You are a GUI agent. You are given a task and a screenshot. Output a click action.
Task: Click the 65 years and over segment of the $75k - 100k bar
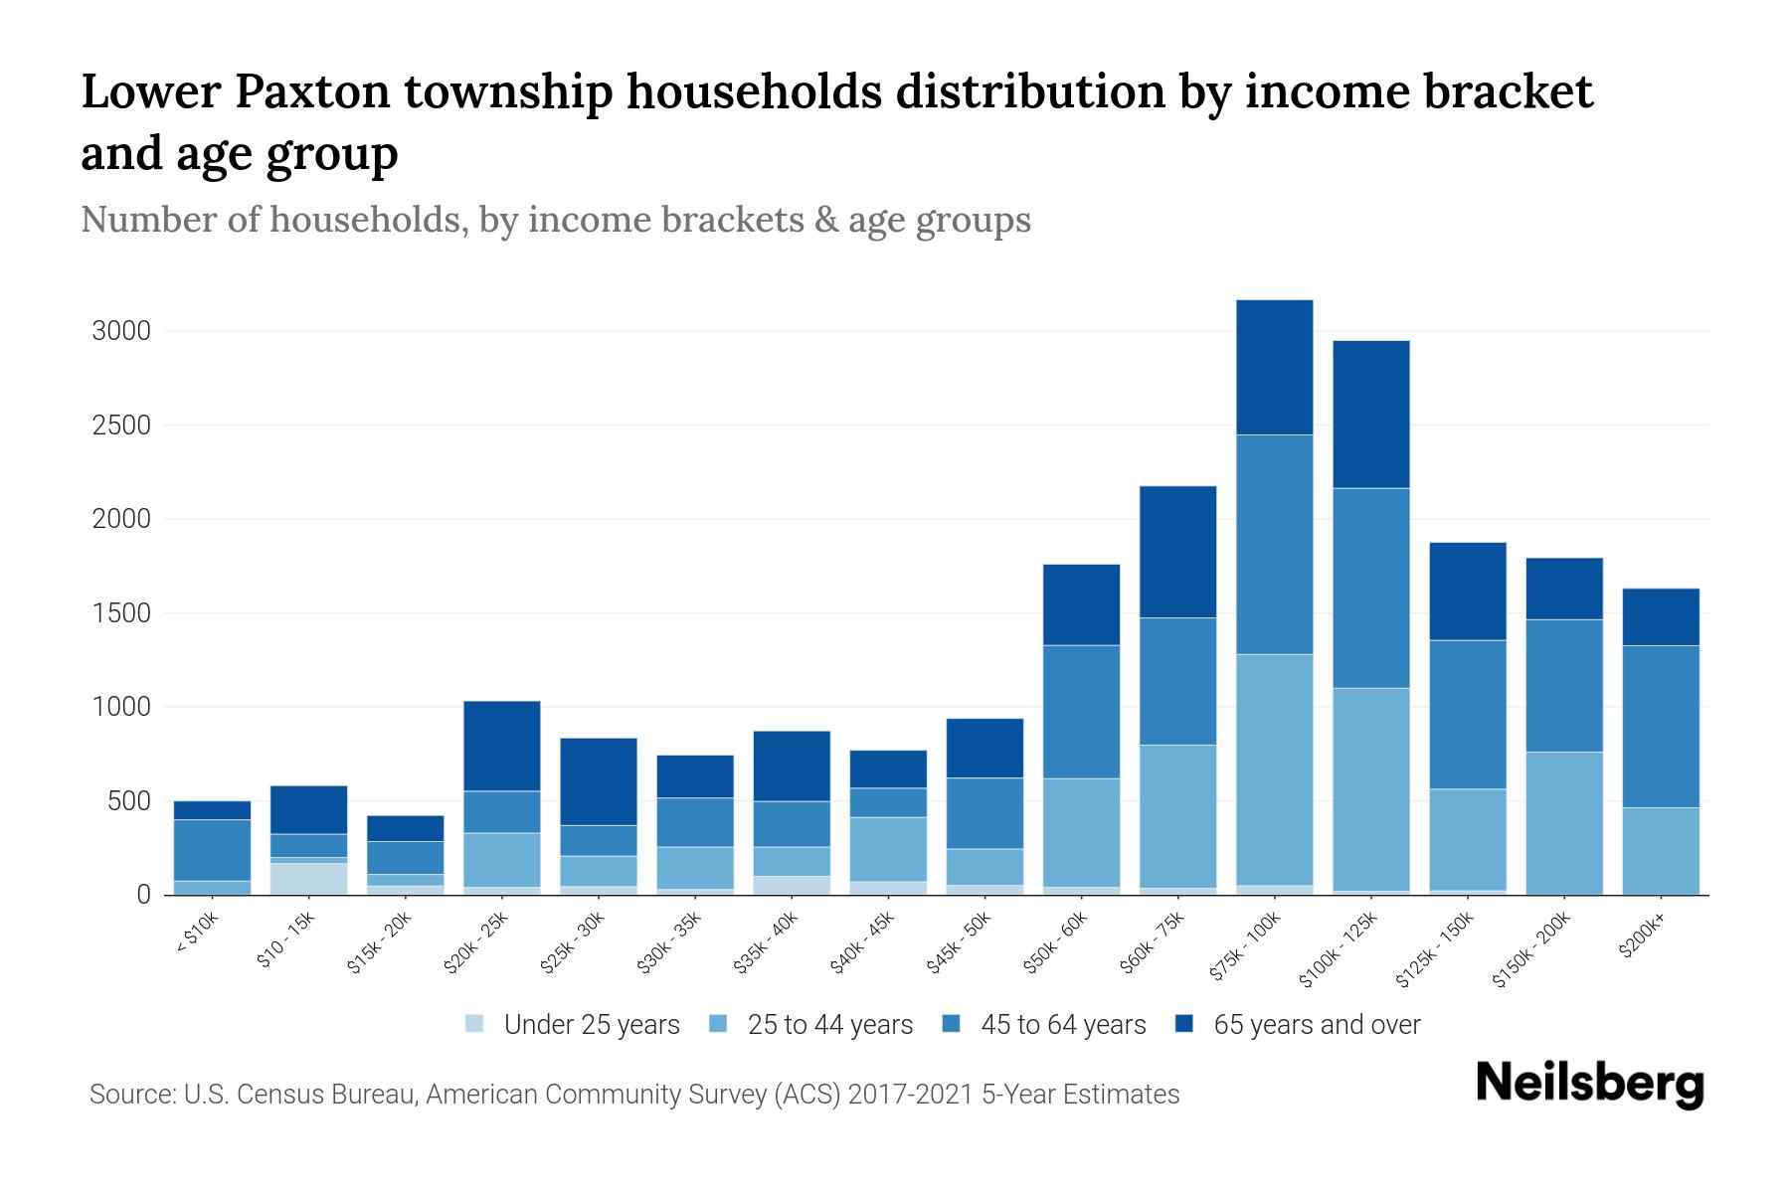tap(1274, 367)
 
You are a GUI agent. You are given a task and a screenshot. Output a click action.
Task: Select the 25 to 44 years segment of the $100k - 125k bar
tap(1370, 789)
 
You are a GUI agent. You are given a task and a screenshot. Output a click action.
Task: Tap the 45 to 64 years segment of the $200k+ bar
tap(1661, 727)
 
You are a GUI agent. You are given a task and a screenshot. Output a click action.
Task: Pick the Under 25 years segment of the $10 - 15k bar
tap(308, 879)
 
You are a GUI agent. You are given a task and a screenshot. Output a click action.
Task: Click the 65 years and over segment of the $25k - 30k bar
tap(599, 781)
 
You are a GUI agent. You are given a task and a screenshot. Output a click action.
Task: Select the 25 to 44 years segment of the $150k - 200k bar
tap(1564, 823)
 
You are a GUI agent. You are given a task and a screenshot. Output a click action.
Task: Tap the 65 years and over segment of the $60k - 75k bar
tap(1177, 552)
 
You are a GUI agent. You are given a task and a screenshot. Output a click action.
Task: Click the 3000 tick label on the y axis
tap(121, 331)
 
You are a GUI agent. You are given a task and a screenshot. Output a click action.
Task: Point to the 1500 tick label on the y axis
tap(121, 613)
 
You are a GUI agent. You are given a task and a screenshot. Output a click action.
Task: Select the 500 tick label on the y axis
tap(129, 801)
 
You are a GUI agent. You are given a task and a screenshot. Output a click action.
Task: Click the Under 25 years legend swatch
tap(475, 1024)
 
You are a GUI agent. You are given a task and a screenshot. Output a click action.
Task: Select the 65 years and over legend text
tap(1317, 1025)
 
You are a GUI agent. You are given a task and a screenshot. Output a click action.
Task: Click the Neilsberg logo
tap(1589, 1083)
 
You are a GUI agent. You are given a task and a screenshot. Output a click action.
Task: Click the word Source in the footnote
tap(129, 1095)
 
